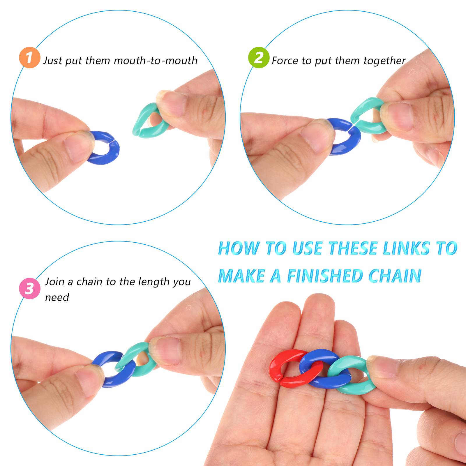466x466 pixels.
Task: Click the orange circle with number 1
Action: pyautogui.click(x=29, y=58)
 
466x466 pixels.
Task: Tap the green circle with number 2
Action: pyautogui.click(x=259, y=58)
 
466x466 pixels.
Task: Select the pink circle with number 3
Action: pyautogui.click(x=29, y=288)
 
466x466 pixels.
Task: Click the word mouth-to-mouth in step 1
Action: pyautogui.click(x=156, y=61)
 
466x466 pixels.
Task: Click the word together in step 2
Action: pyautogui.click(x=384, y=61)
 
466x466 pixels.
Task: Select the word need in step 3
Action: pyautogui.click(x=57, y=297)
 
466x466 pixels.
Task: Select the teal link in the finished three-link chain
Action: pyautogui.click(x=361, y=389)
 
